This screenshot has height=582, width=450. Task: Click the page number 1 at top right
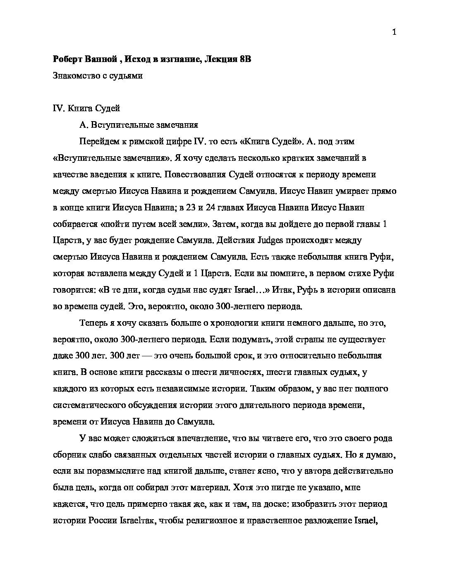[x=394, y=33]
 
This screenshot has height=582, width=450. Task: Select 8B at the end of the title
[x=245, y=59]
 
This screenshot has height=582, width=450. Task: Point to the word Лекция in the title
[x=220, y=59]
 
